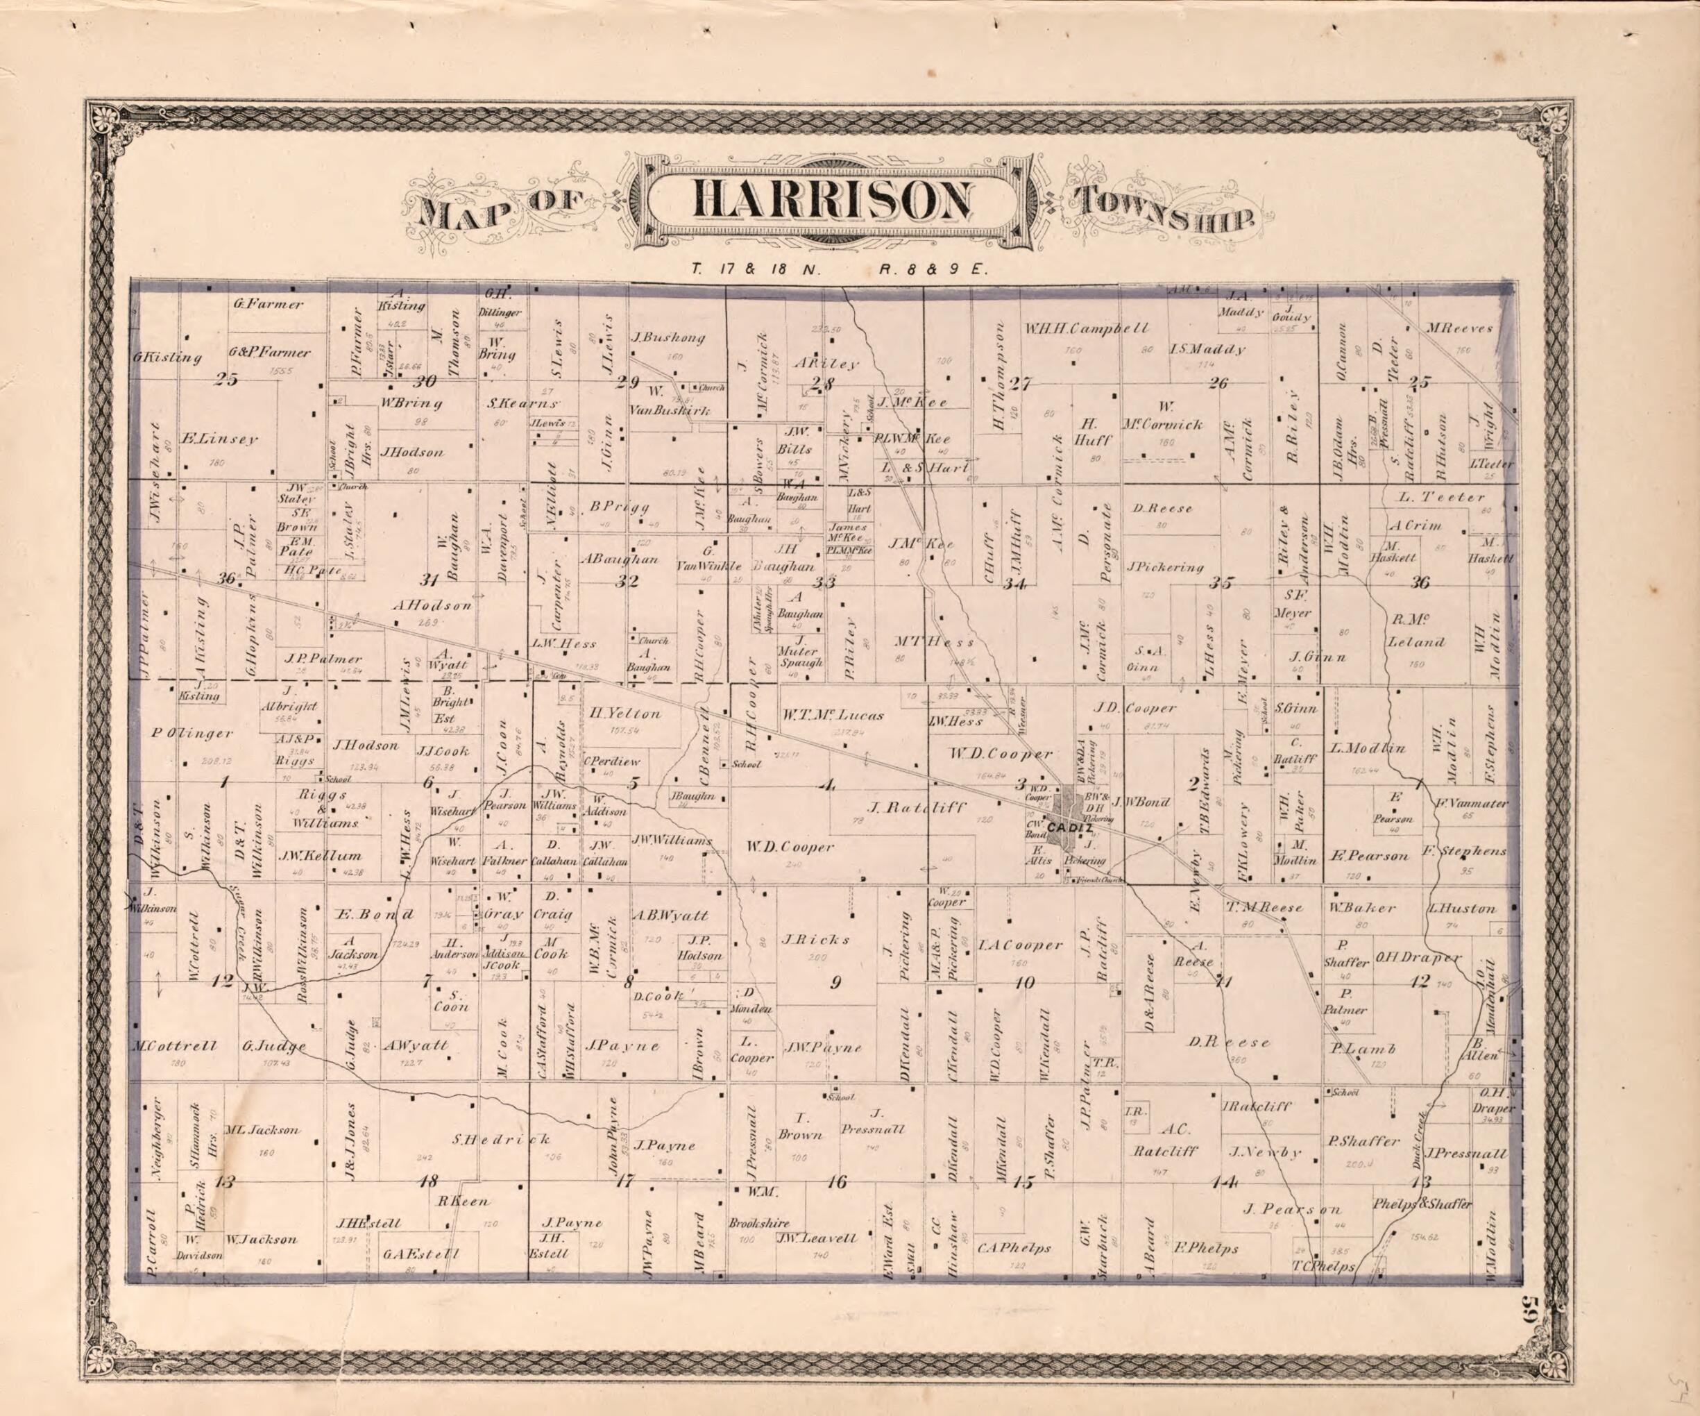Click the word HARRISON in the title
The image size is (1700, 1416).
(831, 200)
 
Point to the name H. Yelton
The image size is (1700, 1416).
(624, 714)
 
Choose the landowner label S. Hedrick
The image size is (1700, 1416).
(501, 1138)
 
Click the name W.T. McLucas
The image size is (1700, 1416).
(833, 715)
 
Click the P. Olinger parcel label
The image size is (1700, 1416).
(192, 734)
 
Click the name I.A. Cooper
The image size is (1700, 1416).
(1020, 945)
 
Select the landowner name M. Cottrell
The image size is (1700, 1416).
(174, 1046)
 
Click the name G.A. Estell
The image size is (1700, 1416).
(421, 1254)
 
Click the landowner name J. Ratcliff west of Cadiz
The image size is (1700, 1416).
(905, 807)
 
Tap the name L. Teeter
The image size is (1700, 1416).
(1442, 496)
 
